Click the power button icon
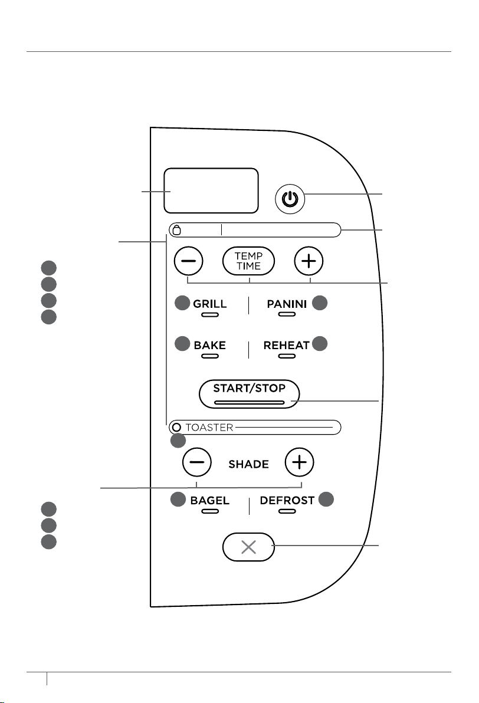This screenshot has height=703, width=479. pyautogui.click(x=290, y=199)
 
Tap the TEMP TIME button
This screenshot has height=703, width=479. pyautogui.click(x=248, y=261)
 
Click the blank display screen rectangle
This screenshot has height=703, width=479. pyautogui.click(x=211, y=190)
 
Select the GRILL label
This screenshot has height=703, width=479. pyautogui.click(x=209, y=304)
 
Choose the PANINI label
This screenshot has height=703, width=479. pyautogui.click(x=287, y=304)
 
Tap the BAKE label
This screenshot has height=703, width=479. pyautogui.click(x=209, y=345)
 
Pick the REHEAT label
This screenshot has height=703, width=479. pyautogui.click(x=286, y=345)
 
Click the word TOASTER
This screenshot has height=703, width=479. pyautogui.click(x=209, y=427)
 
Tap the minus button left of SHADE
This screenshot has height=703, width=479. pyautogui.click(x=197, y=462)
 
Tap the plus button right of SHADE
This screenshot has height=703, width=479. pyautogui.click(x=299, y=462)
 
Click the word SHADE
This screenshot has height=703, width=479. pyautogui.click(x=248, y=464)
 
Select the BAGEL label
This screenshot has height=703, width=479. pyautogui.click(x=209, y=500)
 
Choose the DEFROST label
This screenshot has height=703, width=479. pyautogui.click(x=287, y=500)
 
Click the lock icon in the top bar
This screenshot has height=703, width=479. pyautogui.click(x=177, y=230)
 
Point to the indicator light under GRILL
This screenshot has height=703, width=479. pyautogui.click(x=210, y=315)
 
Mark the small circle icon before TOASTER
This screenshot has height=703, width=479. pyautogui.click(x=177, y=427)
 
